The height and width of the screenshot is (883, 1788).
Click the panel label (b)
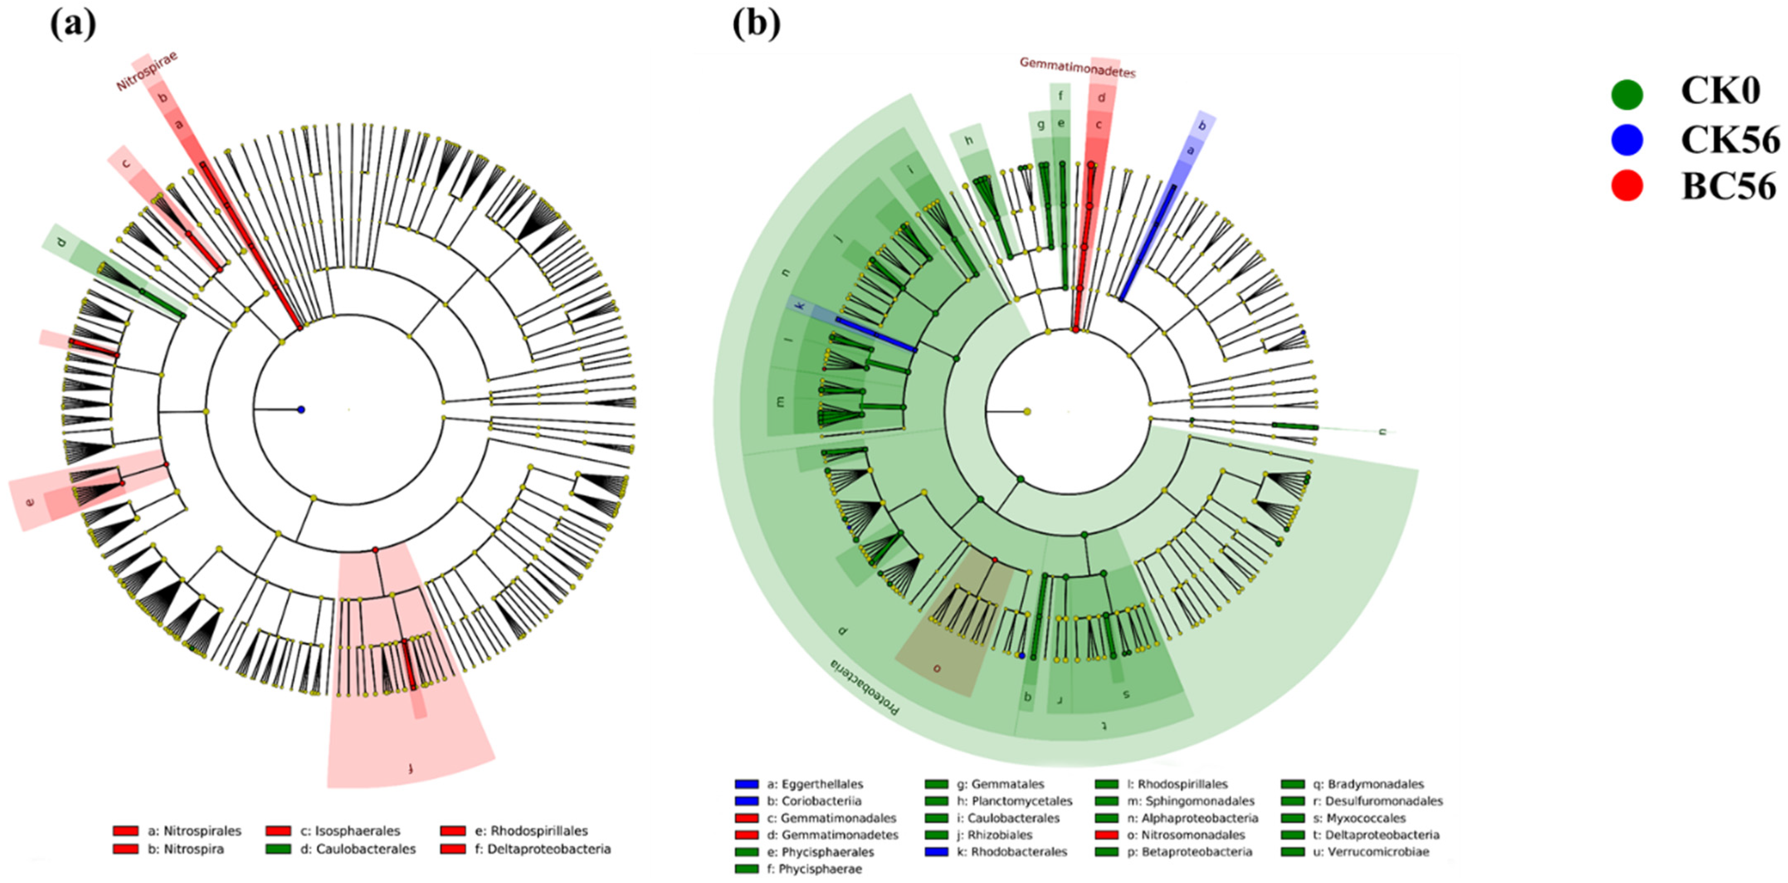[756, 26]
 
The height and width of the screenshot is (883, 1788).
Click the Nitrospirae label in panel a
[146, 71]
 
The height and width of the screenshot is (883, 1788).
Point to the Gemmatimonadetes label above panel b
[1077, 67]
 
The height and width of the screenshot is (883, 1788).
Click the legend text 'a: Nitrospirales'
[194, 831]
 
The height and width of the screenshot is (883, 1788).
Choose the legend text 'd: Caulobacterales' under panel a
[358, 849]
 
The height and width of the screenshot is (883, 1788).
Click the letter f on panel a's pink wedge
[411, 768]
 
